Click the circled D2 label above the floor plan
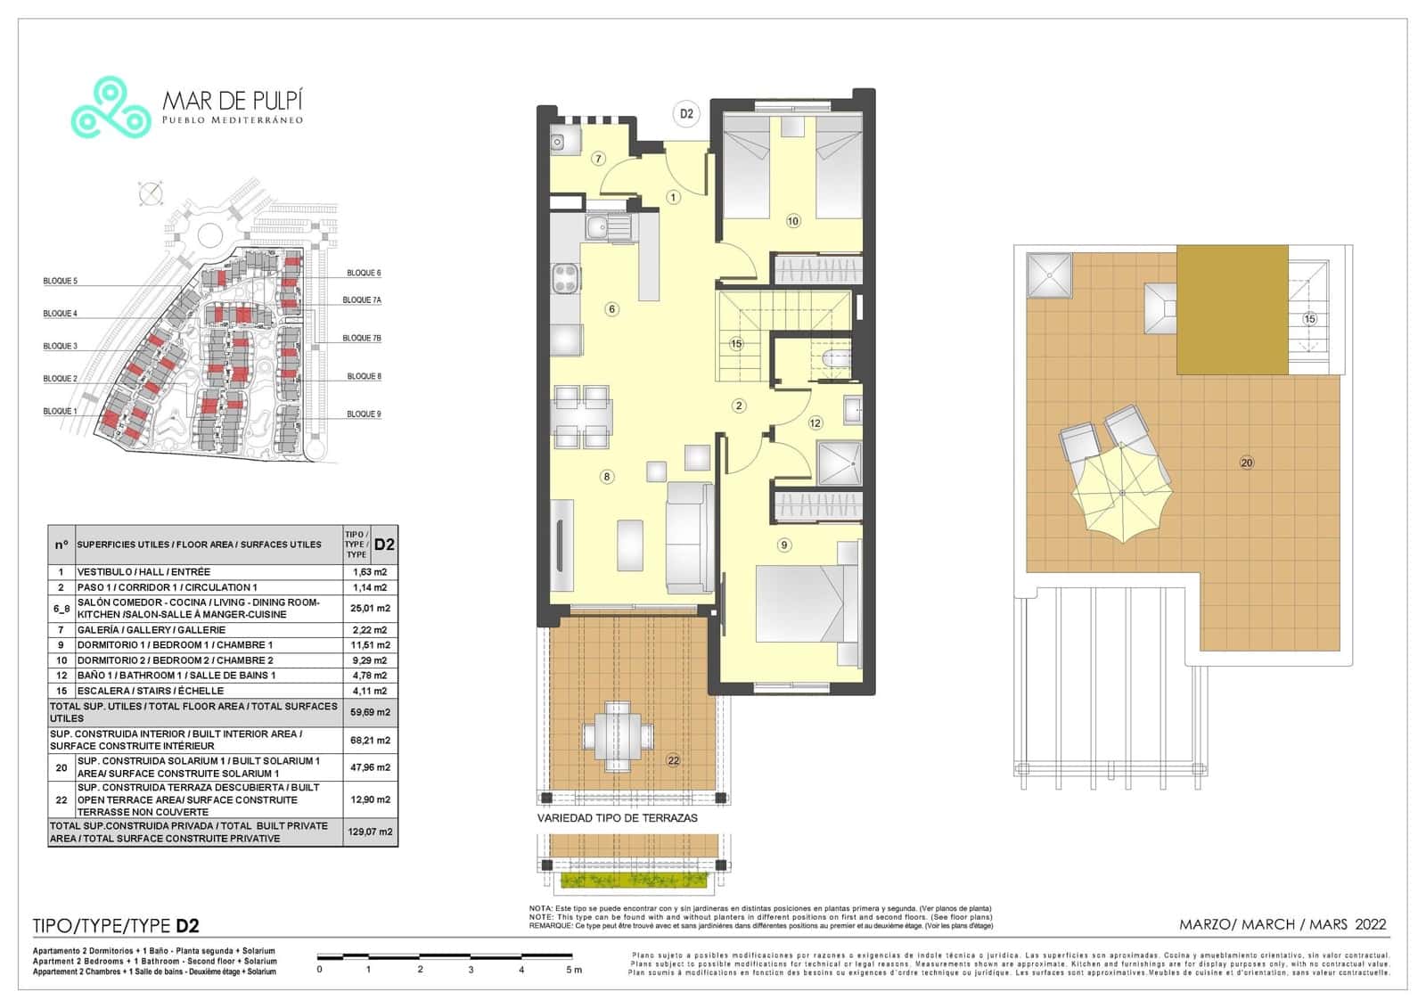686,114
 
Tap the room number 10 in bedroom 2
793,221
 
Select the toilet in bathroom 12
832,359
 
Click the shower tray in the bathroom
840,462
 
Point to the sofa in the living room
689,537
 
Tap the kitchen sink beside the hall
607,226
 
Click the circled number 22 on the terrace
673,760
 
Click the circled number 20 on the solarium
1246,462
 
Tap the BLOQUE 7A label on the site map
362,300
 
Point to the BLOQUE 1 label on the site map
60,411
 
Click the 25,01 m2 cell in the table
370,608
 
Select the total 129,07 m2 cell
370,832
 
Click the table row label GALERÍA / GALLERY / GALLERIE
152,629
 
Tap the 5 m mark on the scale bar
574,969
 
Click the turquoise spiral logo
111,107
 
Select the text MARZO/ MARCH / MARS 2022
1282,924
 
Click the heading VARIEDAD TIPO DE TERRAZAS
617,817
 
